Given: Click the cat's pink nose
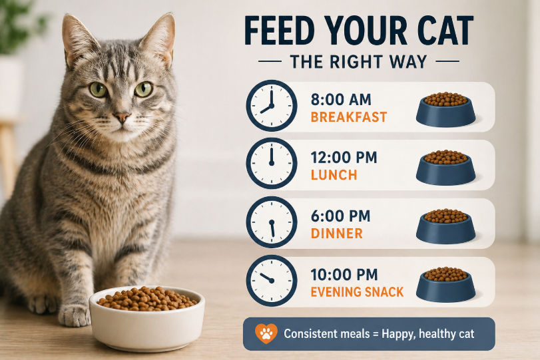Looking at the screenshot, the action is point(122,117).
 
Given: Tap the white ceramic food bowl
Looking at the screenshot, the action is point(147,318).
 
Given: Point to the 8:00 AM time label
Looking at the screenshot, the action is point(341,99).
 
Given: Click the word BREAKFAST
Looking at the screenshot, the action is point(349,117).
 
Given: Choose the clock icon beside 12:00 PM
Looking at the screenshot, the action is point(272,164).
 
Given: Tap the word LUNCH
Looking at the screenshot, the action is point(334,175).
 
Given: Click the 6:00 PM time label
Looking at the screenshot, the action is point(341,216).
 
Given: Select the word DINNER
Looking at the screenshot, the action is point(336,234).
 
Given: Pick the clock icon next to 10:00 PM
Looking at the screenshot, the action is point(272,281).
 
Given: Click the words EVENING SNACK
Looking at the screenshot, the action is point(357,292).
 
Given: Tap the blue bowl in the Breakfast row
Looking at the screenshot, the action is point(446,110).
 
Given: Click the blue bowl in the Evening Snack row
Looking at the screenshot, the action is point(446,285).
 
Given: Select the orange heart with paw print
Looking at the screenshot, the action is point(266,333).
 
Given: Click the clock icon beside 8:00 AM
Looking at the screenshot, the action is point(272,106).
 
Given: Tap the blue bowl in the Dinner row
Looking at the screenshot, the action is point(446,226).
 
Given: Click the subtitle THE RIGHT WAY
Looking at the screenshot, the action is point(358,62).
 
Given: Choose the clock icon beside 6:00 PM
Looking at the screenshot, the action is point(272,222).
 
